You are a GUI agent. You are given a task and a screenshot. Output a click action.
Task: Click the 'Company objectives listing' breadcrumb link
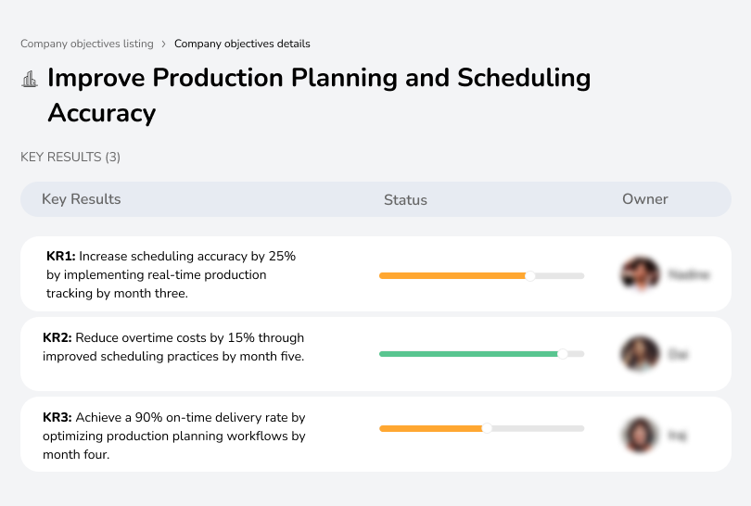(87, 44)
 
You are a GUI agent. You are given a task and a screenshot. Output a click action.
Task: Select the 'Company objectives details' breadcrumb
(242, 44)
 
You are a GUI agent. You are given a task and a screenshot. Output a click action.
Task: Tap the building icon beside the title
(30, 80)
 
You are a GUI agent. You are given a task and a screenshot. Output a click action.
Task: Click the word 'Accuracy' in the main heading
(101, 113)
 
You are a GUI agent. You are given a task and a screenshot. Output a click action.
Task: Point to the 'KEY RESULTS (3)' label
(70, 158)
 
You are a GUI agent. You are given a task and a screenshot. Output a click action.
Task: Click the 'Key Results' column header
(81, 199)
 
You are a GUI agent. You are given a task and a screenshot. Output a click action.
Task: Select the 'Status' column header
(405, 199)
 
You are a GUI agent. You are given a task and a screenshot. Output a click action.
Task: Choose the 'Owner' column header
(645, 199)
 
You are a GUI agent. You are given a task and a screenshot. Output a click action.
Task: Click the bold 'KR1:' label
(61, 256)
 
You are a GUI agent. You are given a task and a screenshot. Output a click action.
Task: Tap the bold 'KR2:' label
(57, 337)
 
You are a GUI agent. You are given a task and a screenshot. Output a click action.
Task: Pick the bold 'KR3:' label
(57, 418)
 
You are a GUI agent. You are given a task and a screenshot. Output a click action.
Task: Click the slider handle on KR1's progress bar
(530, 275)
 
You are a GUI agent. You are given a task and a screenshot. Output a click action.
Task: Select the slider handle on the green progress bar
(562, 354)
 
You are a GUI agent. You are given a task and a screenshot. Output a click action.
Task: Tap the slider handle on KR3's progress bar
(487, 428)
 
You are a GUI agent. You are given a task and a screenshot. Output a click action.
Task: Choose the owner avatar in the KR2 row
(640, 354)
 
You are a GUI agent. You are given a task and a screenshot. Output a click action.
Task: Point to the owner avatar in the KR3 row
(640, 434)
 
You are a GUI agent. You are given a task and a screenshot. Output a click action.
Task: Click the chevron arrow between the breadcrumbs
(164, 44)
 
